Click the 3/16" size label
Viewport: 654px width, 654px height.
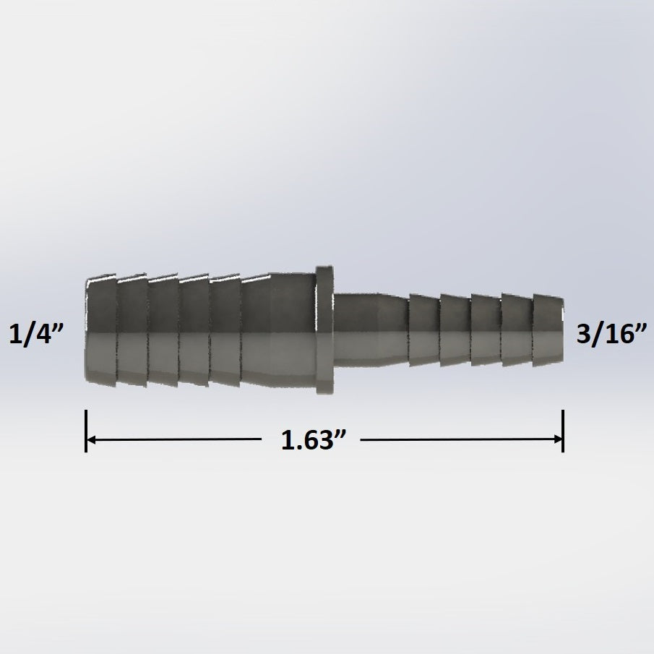click(611, 335)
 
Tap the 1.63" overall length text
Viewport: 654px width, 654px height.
click(310, 440)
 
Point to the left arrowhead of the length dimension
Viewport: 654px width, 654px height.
click(92, 439)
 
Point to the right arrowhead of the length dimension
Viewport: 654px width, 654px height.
click(557, 439)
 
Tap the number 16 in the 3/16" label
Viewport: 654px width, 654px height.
click(619, 335)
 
